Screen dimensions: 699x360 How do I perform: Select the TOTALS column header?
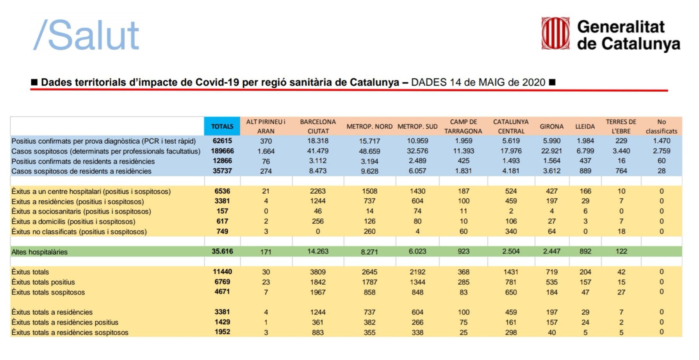(222, 127)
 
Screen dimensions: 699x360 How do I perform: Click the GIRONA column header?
(551, 127)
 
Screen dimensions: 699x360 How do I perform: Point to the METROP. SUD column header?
(417, 127)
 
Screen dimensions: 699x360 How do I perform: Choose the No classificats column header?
(662, 127)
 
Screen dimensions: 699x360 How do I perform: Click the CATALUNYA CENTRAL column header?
(511, 127)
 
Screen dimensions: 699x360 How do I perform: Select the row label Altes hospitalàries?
(39, 252)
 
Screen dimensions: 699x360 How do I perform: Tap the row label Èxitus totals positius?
(43, 282)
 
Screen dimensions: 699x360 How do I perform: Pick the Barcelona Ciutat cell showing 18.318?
(318, 141)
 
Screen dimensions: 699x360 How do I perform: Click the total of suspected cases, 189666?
(222, 151)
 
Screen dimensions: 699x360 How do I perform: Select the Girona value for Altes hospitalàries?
(551, 251)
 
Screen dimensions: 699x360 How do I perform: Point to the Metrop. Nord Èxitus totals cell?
(369, 272)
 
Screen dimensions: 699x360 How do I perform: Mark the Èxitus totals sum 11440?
(222, 272)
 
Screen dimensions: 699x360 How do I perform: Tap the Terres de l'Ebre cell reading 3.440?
(621, 151)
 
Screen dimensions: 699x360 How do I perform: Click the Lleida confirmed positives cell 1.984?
(585, 141)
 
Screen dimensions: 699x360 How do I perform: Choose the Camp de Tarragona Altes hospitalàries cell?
(464, 251)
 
